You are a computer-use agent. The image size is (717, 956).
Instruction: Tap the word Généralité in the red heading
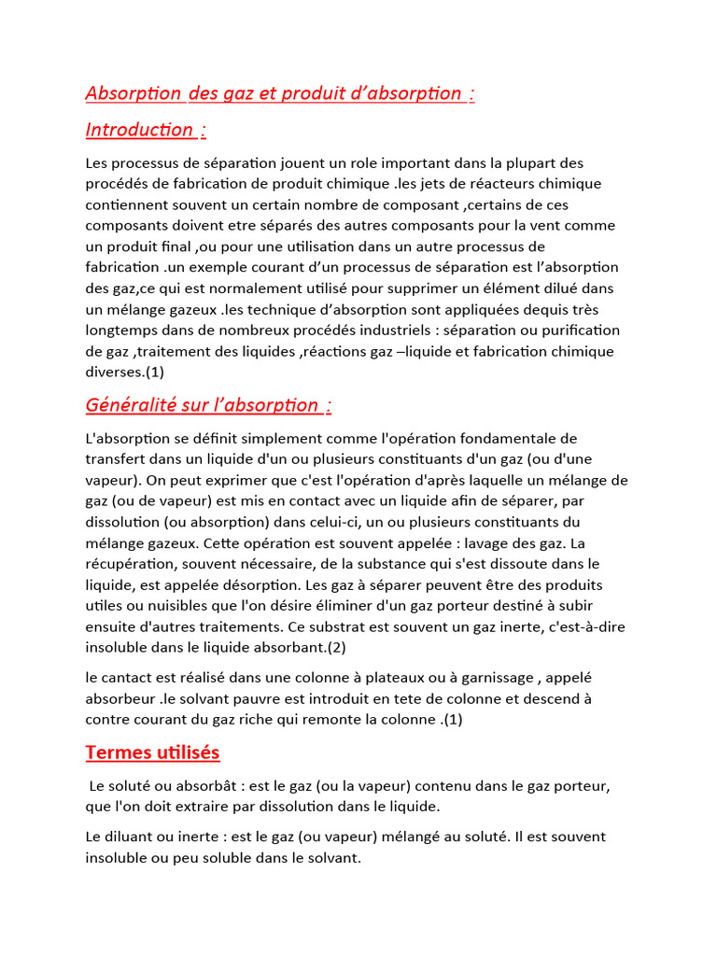pos(131,404)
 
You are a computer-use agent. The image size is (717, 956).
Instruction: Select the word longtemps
pos(123,330)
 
